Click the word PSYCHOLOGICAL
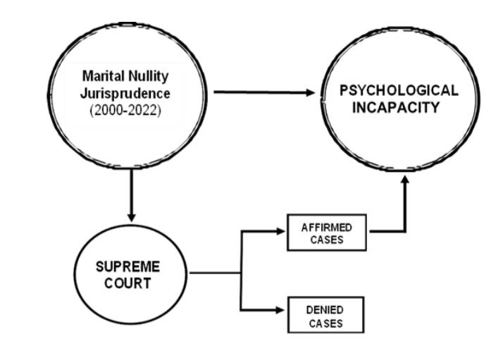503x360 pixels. (x=399, y=92)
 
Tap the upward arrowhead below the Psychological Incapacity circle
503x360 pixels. (x=406, y=181)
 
